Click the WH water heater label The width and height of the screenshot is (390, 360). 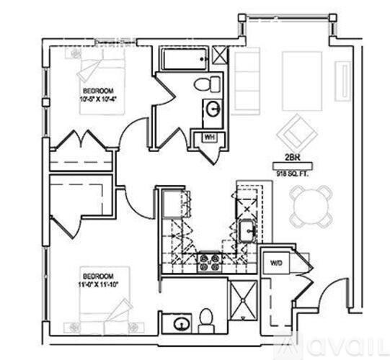pos(209,136)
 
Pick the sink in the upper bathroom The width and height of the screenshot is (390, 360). pos(214,109)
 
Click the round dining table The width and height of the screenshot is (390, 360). pos(311,205)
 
